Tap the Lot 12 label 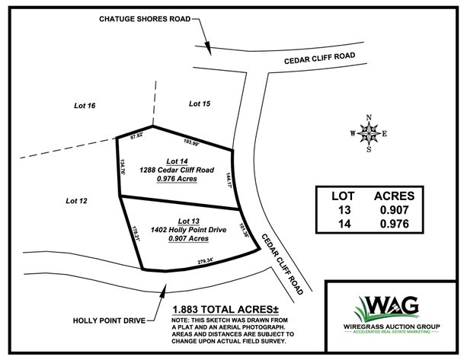pos(77,201)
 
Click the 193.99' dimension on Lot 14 pos(190,142)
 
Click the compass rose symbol pos(369,133)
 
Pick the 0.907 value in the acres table pos(395,209)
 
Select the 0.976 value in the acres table pos(395,224)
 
